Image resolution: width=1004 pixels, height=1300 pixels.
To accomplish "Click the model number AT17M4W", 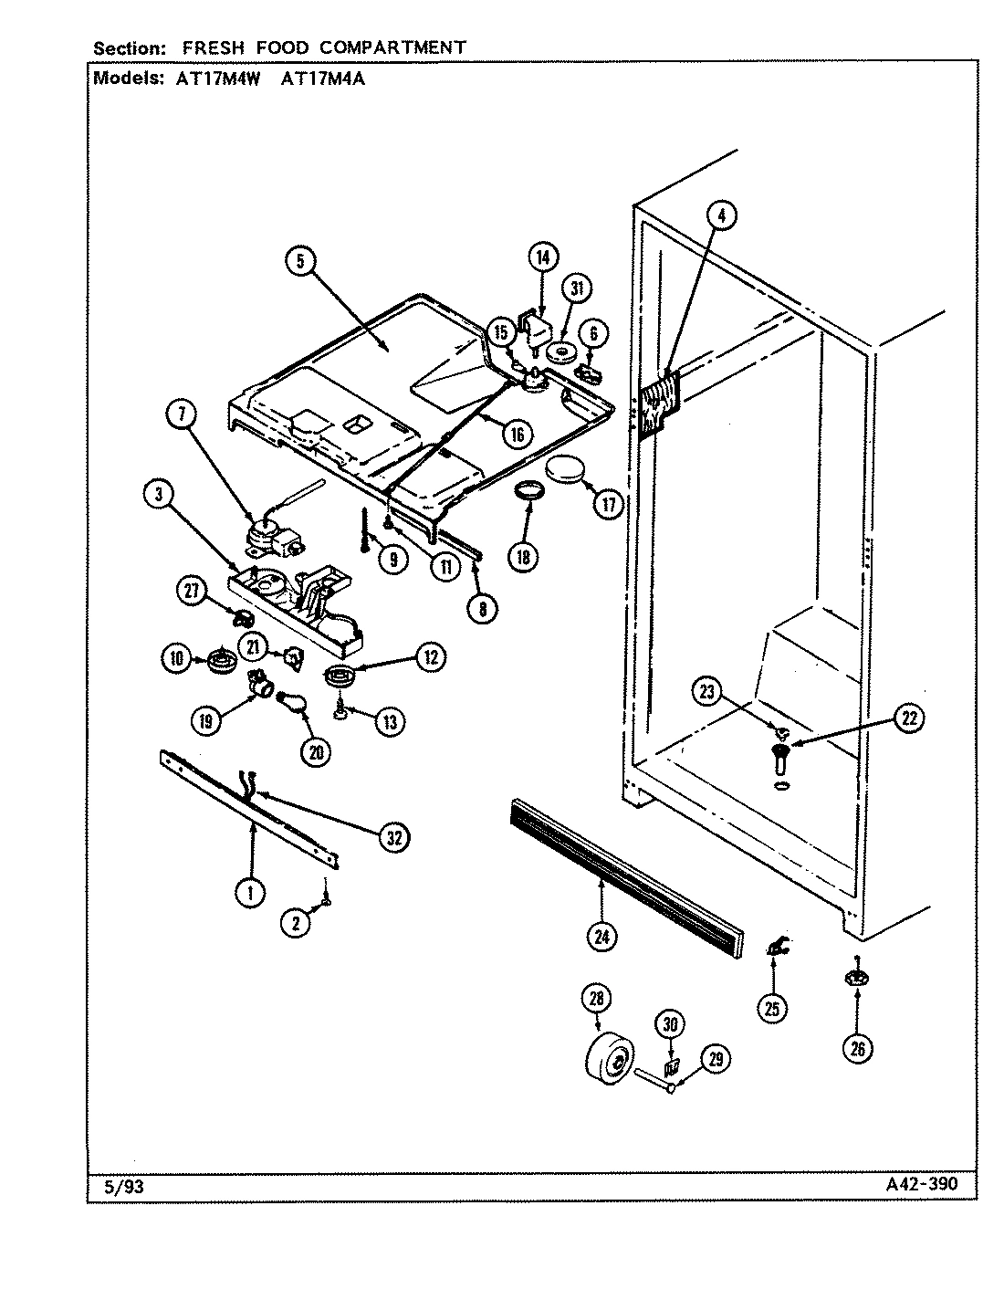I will (x=214, y=79).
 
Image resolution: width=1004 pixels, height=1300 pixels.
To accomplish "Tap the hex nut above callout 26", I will (x=856, y=979).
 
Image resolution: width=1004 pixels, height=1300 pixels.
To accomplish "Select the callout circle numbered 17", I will (x=608, y=503).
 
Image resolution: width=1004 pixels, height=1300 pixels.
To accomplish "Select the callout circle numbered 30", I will (x=671, y=1024).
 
